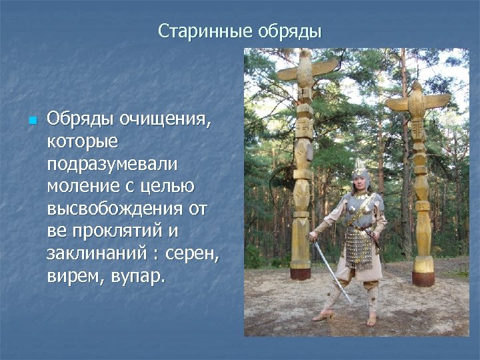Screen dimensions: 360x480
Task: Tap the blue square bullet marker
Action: [31, 121]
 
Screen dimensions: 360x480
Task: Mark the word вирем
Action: [73, 276]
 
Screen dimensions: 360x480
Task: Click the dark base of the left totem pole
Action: [301, 273]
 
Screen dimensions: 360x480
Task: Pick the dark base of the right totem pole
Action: [423, 278]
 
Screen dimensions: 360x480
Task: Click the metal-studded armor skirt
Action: [358, 248]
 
